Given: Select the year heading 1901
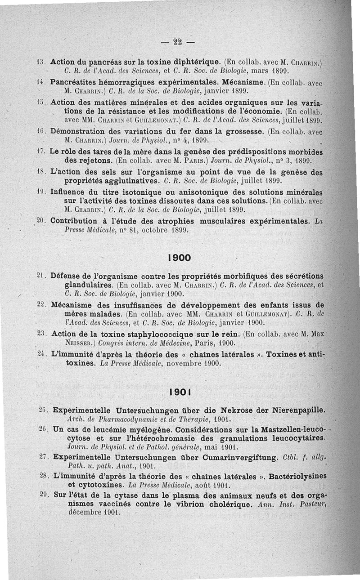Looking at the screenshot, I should pos(179,392).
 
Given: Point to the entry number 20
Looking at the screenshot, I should pos(41,221).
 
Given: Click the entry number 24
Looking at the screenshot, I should pos(42,355).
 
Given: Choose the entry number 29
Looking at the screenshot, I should pos(44,494).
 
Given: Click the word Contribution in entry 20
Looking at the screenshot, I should pos(74,221).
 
